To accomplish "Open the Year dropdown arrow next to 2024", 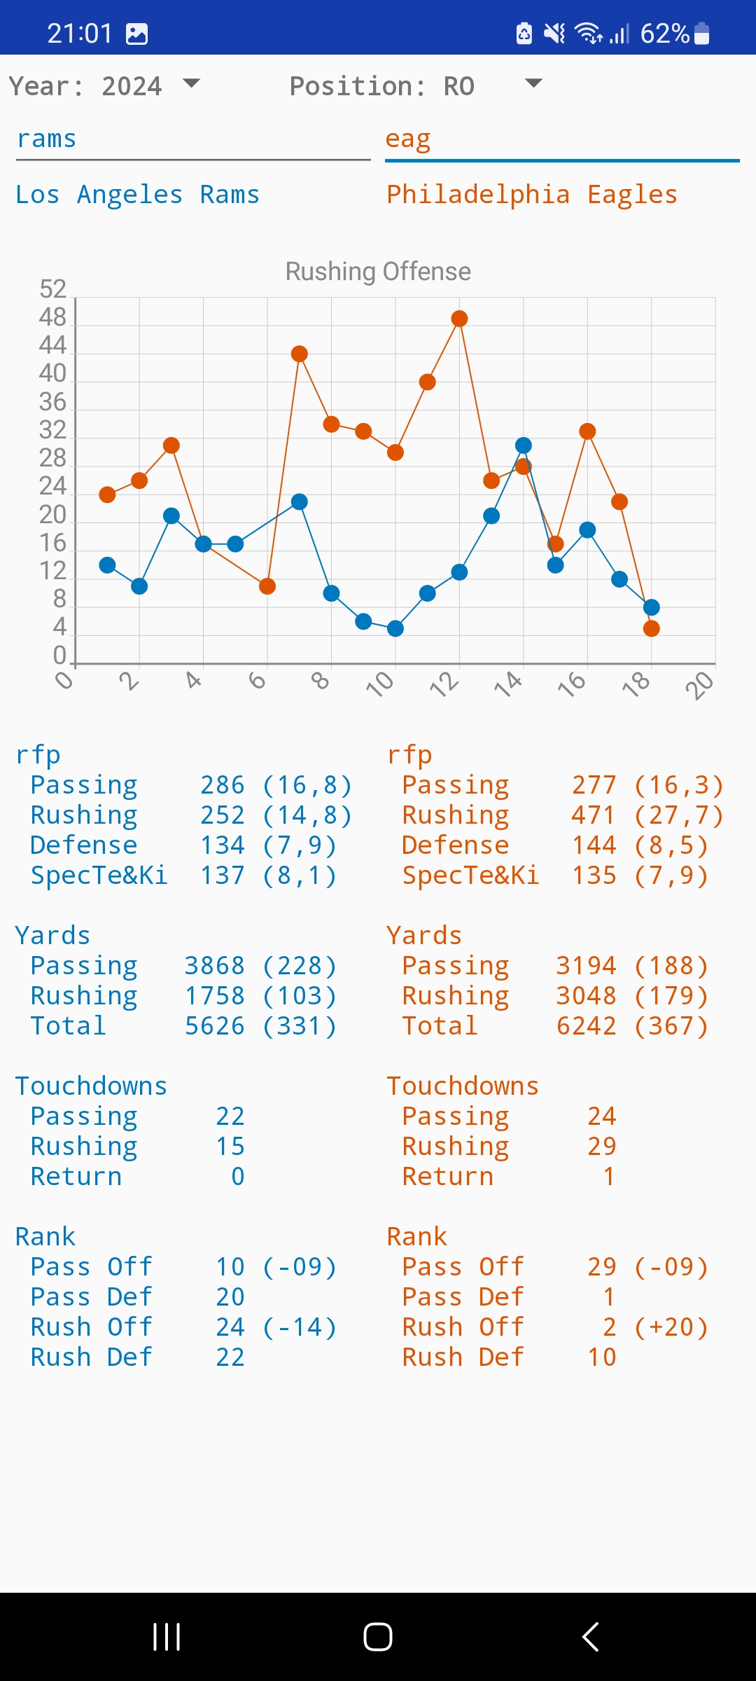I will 191,84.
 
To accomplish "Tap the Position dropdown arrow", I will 533,84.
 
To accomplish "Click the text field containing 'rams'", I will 192,140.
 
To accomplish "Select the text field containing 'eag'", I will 561,140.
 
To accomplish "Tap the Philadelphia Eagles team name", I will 532,195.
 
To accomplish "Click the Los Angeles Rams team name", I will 137,195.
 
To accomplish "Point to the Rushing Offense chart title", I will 378,272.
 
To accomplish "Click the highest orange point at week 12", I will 459,319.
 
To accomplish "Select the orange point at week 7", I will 300,354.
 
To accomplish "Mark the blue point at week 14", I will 524,445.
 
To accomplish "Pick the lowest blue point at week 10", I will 395,628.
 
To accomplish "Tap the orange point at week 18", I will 652,628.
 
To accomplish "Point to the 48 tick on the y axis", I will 52,318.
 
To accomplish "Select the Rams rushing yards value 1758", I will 214,996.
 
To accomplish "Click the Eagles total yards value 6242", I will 586,1026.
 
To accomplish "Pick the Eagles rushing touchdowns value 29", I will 601,1147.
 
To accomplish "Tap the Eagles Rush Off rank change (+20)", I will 671,1327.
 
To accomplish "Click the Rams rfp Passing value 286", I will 223,786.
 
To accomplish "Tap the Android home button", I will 378,1637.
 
